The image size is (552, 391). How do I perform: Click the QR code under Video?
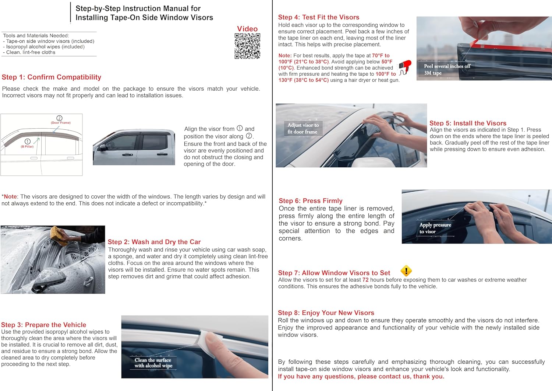[x=247, y=46]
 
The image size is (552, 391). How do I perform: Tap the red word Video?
[x=247, y=29]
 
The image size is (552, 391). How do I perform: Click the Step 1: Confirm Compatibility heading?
[x=52, y=77]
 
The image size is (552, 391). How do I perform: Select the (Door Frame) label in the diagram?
[x=61, y=123]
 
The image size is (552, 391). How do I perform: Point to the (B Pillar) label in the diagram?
[x=27, y=147]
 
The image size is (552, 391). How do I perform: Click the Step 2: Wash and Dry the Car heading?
[x=154, y=242]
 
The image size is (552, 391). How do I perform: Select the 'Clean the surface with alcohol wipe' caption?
[x=153, y=363]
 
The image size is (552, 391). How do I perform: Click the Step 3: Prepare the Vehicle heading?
[x=44, y=325]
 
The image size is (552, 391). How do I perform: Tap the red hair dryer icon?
[x=405, y=67]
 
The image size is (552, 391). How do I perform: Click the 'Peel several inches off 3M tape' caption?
[x=447, y=70]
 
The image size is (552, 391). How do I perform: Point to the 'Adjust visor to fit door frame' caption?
[x=303, y=128]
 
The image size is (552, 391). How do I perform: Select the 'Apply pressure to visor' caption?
[x=435, y=228]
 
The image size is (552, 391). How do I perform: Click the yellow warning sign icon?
[x=406, y=271]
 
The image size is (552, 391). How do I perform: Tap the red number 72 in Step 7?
[x=365, y=280]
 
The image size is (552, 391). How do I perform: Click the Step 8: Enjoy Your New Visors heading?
[x=326, y=313]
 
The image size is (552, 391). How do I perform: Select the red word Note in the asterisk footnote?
[x=10, y=197]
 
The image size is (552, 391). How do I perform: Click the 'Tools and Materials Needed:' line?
[x=36, y=36]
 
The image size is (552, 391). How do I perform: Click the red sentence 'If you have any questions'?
[x=361, y=376]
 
